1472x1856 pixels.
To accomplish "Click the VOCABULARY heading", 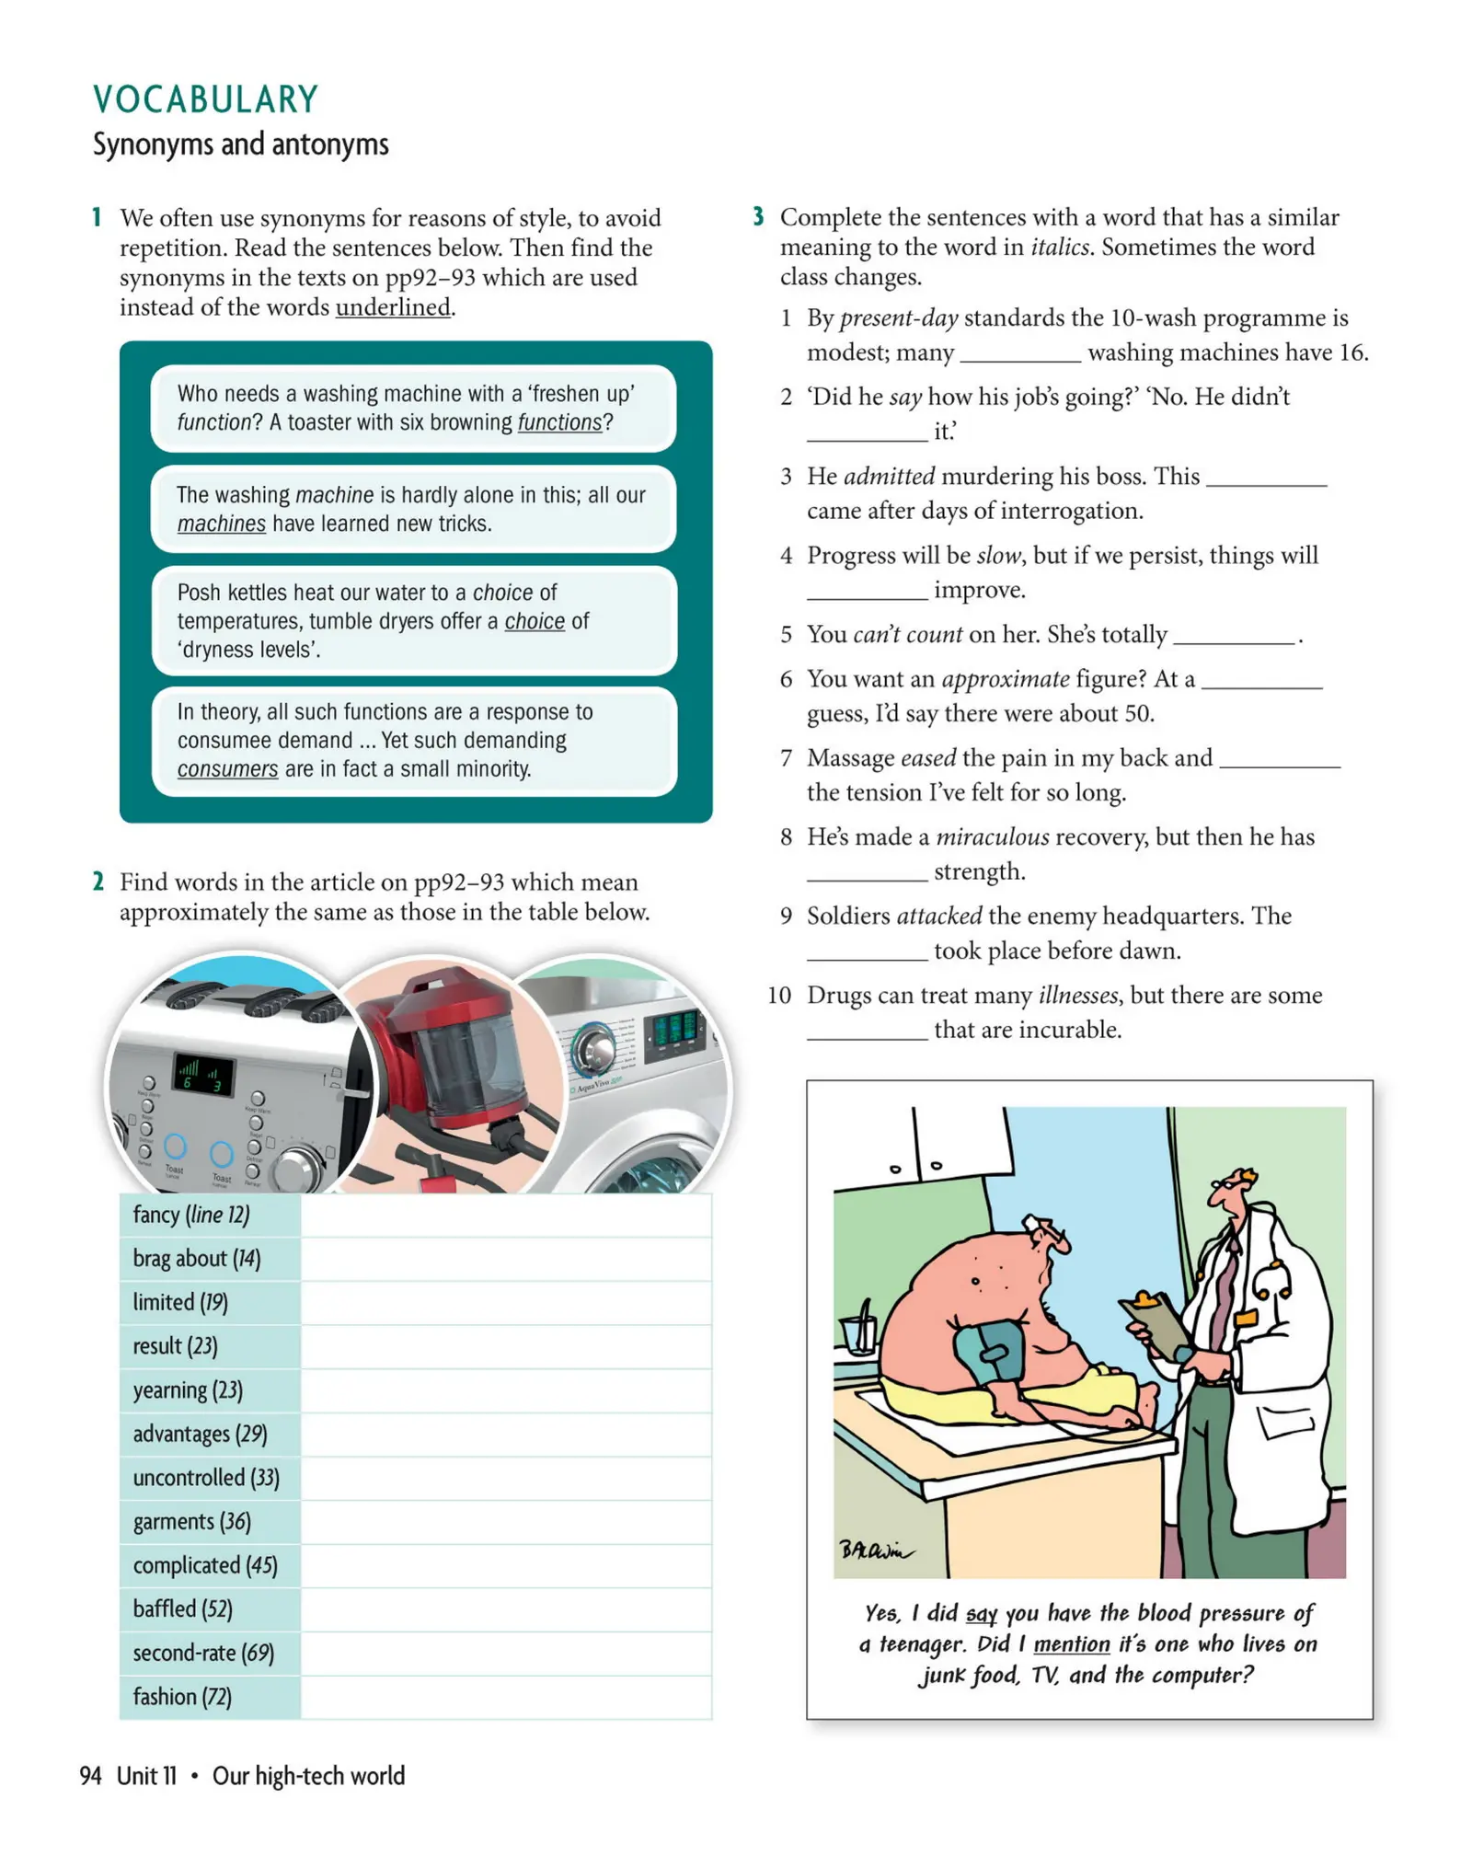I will point(205,99).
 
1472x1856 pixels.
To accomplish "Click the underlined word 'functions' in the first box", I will point(558,422).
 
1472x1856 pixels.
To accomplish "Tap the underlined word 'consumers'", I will point(227,768).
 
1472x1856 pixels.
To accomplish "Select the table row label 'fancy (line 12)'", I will point(191,1215).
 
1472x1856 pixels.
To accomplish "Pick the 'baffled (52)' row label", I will point(182,1608).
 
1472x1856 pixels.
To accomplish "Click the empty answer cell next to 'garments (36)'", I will point(505,1521).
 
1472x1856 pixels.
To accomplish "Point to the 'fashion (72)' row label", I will point(182,1696).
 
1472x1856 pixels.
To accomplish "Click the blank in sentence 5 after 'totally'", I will point(1233,635).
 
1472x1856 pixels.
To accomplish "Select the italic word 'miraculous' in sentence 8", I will point(992,836).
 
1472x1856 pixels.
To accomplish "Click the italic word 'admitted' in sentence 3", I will point(889,476).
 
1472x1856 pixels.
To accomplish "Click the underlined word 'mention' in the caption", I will point(1071,1643).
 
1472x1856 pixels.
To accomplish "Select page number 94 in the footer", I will point(90,1775).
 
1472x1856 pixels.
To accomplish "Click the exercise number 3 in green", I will point(758,217).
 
